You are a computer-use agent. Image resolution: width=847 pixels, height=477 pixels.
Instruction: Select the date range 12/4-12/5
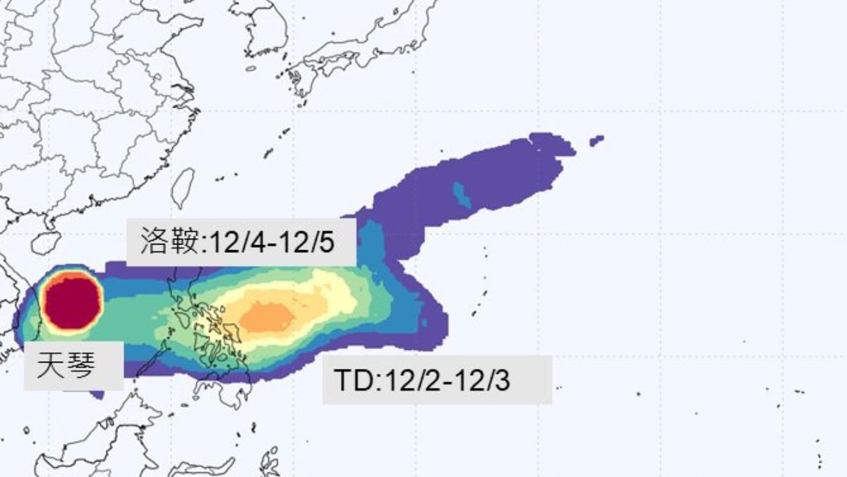pos(269,242)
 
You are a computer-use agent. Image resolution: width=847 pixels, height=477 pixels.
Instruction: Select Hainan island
pos(45,242)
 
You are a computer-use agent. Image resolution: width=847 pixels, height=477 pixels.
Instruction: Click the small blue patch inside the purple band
pos(462,193)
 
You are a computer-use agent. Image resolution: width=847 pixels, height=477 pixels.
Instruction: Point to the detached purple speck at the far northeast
pos(596,141)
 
